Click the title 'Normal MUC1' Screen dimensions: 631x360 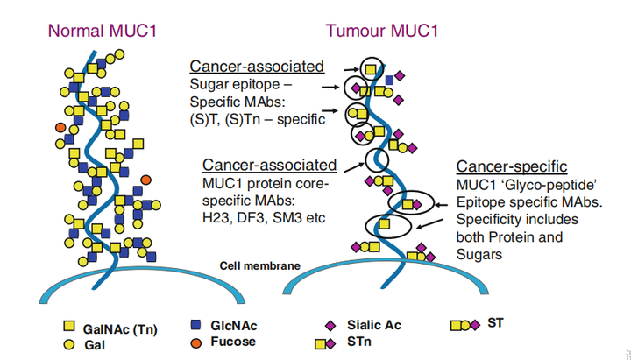point(103,31)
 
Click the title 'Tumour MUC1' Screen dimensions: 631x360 point(381,31)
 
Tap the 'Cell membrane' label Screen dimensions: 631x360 point(260,266)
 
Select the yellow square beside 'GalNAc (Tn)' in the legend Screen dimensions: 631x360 point(69,326)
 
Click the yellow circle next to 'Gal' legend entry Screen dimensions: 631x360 point(69,344)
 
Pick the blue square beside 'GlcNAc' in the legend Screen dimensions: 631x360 point(195,325)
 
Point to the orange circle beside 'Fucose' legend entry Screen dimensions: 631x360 point(196,342)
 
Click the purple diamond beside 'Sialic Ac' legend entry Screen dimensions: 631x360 point(330,326)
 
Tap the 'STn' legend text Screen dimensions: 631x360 point(359,342)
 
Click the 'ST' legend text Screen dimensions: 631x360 point(495,323)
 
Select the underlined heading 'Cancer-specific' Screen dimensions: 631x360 point(512,166)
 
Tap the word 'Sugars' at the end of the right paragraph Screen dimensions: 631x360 point(479,255)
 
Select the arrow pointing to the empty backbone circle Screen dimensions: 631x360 point(355,167)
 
